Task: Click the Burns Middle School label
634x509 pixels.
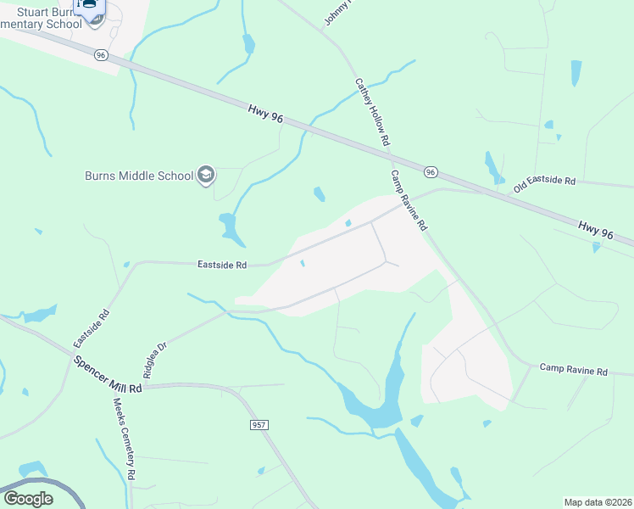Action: coord(139,176)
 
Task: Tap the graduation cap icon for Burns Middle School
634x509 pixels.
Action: coord(205,176)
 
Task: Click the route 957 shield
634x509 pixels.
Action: coord(259,422)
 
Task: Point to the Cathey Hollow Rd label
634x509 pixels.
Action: coord(371,111)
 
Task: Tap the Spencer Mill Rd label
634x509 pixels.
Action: coord(106,375)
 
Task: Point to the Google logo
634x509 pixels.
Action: coord(29,499)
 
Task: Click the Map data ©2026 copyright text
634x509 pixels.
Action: coord(598,501)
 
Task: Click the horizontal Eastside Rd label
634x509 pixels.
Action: coord(222,265)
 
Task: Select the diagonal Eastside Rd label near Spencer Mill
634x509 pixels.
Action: coord(92,327)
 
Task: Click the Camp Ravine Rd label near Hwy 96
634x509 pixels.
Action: coord(409,201)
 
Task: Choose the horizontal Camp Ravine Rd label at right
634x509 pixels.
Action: coord(574,371)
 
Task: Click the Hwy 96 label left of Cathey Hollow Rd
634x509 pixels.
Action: coord(265,115)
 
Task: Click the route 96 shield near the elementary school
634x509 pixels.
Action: coord(102,55)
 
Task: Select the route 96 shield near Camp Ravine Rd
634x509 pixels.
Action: coord(431,172)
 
